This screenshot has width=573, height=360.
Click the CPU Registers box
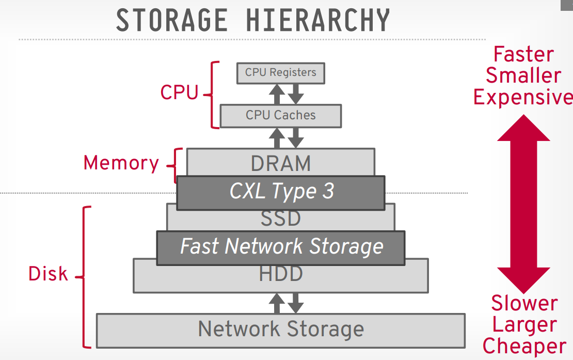(x=280, y=72)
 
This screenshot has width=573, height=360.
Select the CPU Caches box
(x=280, y=115)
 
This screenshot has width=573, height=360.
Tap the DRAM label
(x=281, y=163)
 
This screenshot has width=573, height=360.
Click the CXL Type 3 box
(x=281, y=192)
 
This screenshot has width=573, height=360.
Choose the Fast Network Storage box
(x=281, y=247)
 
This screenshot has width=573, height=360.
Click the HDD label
(x=281, y=274)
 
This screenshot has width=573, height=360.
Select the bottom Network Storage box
(x=281, y=329)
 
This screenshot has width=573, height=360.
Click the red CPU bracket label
(x=179, y=92)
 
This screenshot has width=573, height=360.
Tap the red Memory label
(x=121, y=163)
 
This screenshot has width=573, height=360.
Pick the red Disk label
(x=48, y=274)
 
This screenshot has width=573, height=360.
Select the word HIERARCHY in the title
(x=317, y=21)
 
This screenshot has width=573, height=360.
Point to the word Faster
(x=523, y=54)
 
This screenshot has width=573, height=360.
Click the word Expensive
(x=523, y=97)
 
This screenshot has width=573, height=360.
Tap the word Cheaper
(x=524, y=347)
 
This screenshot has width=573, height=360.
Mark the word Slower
(x=524, y=304)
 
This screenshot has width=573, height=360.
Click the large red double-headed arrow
(x=523, y=205)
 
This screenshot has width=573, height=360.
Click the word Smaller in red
(x=523, y=75)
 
